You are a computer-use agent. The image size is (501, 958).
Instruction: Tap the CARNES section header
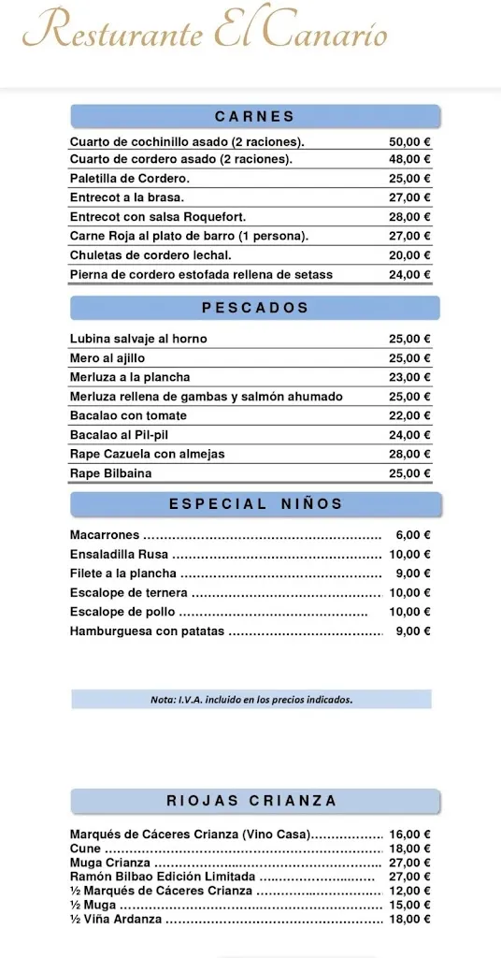254,117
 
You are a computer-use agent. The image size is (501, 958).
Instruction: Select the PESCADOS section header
254,308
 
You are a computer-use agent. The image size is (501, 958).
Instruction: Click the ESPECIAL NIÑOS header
254,504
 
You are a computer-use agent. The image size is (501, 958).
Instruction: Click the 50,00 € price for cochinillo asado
409,141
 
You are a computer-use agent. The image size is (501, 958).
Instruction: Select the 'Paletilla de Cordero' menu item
130,179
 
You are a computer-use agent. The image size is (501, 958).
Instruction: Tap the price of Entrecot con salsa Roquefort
409,217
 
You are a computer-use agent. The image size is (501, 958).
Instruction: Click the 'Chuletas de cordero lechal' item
150,255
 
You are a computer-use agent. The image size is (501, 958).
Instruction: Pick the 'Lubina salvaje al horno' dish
138,339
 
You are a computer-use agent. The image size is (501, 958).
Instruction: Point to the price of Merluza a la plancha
409,377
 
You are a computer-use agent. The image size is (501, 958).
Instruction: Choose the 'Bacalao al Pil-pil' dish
119,435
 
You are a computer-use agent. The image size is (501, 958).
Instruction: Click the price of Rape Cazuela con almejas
409,454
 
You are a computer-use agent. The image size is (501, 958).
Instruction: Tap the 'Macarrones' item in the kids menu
105,535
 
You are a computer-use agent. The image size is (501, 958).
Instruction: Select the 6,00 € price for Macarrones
412,535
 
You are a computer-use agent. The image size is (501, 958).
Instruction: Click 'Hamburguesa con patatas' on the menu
147,631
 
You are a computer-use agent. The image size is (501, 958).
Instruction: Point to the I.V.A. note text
251,700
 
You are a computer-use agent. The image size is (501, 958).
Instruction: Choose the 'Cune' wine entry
85,849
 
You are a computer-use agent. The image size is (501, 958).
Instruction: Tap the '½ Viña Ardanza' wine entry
116,919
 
